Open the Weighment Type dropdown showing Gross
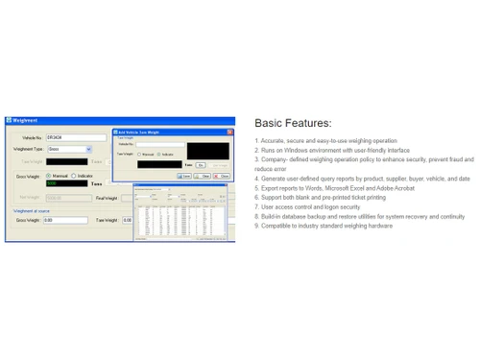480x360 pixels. [68, 149]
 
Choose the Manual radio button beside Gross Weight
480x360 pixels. [48, 176]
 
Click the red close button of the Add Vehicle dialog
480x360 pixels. [228, 131]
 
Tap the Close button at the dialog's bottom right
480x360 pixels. [223, 176]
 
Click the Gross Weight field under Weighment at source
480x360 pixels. [65, 220]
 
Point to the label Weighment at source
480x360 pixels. [32, 209]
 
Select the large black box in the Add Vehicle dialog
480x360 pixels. [208, 151]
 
